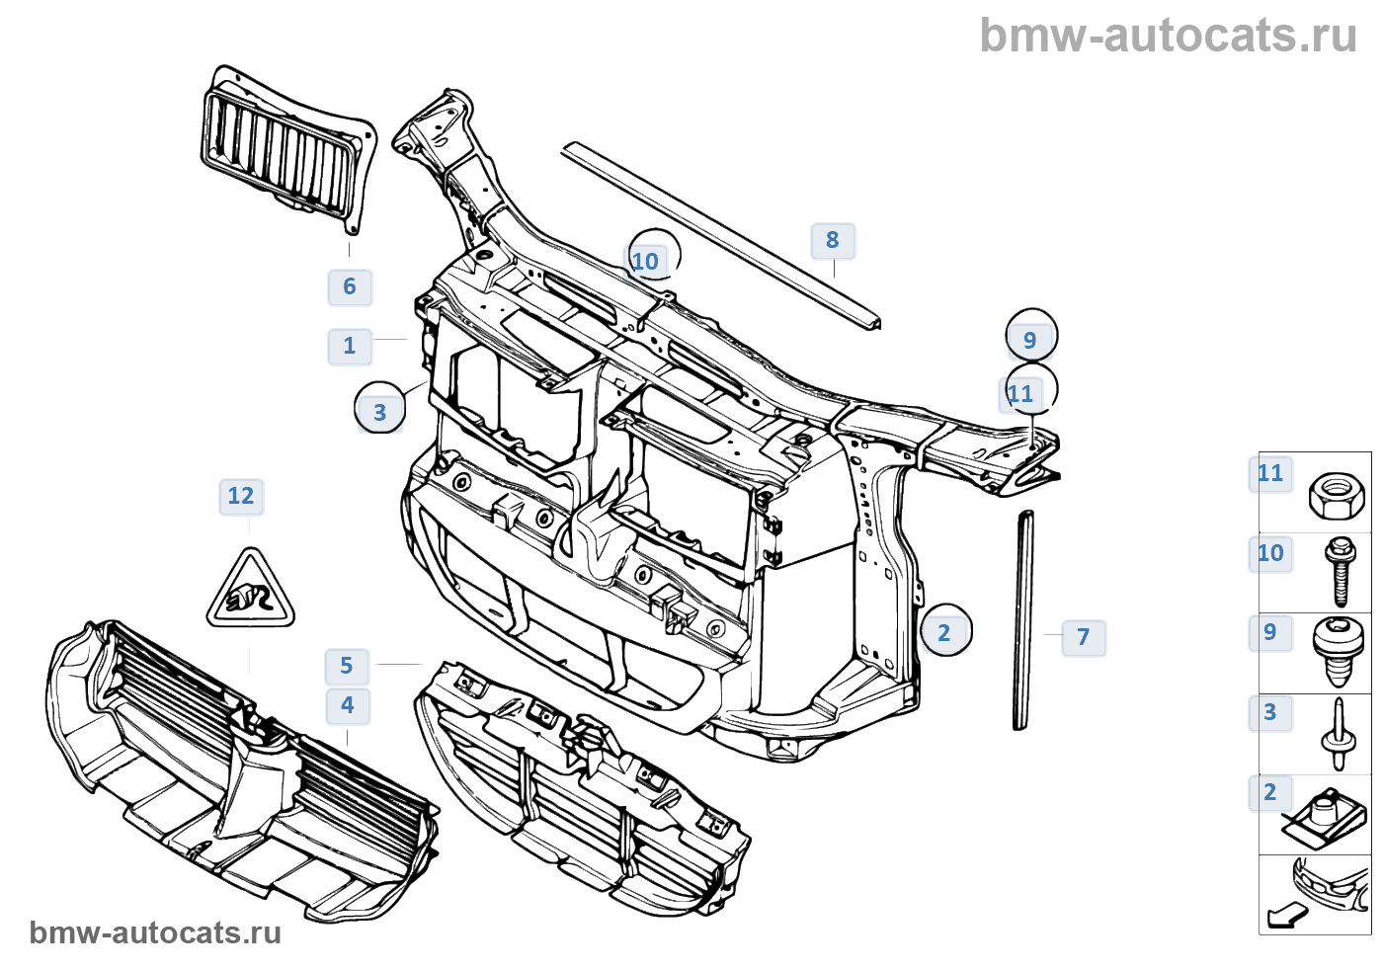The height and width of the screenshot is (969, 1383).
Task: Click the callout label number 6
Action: [x=350, y=287]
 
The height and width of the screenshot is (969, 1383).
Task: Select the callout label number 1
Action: [x=350, y=347]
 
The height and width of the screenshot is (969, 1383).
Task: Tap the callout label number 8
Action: [x=833, y=240]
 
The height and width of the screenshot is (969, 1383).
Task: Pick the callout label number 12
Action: [x=241, y=496]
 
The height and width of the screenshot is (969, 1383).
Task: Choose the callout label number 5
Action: [x=347, y=666]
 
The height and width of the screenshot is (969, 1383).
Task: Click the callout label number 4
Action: [x=348, y=705]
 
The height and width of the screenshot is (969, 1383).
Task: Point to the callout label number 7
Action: [x=1084, y=637]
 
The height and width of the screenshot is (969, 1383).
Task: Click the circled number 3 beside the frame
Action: [x=380, y=412]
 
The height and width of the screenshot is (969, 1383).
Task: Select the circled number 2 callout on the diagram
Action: [x=944, y=632]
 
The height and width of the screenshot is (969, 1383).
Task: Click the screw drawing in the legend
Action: [x=1341, y=571]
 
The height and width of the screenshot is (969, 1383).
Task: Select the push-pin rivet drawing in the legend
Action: [x=1338, y=733]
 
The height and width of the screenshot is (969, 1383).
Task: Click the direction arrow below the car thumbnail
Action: [x=1286, y=916]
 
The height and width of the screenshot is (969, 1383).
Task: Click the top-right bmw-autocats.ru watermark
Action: [x=1168, y=36]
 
